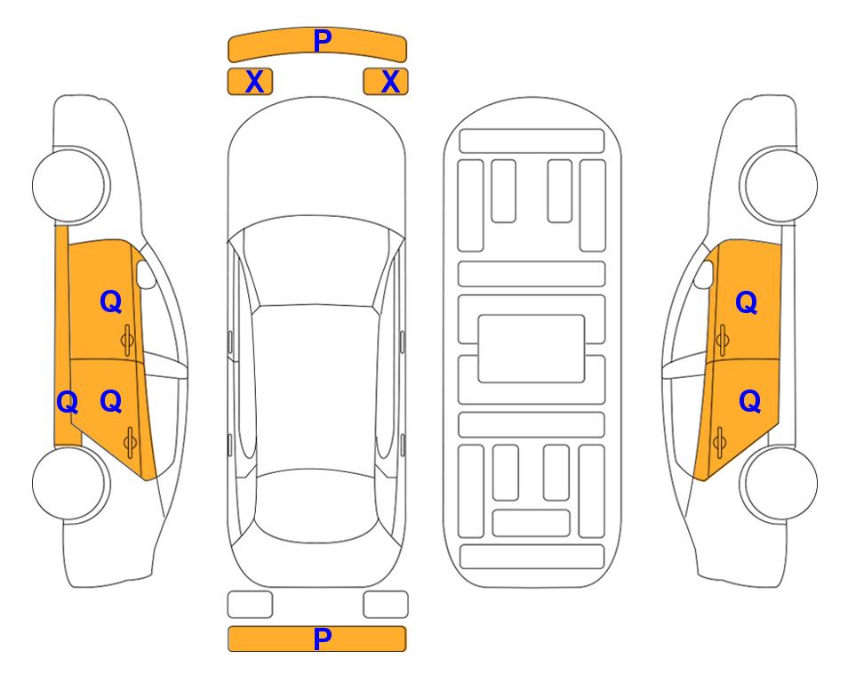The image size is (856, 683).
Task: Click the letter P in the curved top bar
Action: coord(323,40)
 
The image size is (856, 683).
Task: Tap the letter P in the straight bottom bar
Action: coord(323,639)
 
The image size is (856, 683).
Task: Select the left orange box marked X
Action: coord(250,82)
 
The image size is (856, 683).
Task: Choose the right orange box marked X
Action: coord(386,82)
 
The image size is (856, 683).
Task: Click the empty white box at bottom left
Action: coord(250,605)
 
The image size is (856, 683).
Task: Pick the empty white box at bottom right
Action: coord(386,605)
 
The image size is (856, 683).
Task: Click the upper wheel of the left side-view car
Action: coord(69,185)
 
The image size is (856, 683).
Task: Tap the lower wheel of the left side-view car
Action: coord(69,483)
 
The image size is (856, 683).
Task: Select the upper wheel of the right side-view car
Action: coord(780,185)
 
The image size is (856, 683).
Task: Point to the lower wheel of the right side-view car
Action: coord(780,483)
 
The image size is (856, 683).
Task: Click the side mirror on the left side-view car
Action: coord(145,274)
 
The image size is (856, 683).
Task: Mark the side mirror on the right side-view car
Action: coord(704,274)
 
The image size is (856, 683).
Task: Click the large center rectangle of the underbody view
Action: coord(532,349)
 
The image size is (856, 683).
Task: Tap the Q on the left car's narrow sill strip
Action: coord(68,402)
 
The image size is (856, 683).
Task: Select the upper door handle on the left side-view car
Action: coord(127,340)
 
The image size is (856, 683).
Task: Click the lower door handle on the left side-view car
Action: coord(130,442)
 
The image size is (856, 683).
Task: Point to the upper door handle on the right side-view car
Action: coord(722,340)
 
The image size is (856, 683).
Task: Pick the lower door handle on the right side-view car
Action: coord(719,442)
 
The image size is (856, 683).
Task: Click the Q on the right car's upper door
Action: coord(747,302)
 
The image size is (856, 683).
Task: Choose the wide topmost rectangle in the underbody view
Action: coord(532,141)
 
